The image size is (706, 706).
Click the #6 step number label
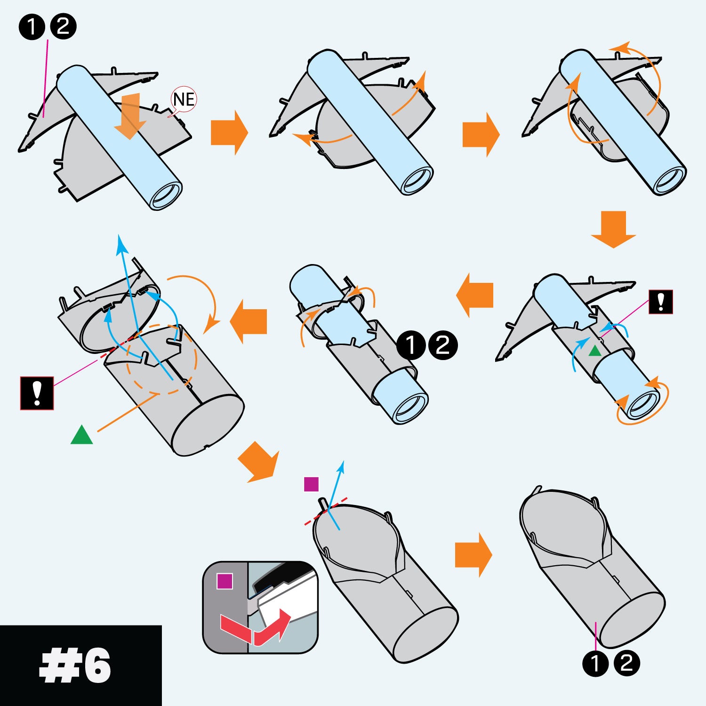[75, 666]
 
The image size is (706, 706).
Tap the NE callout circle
[183, 99]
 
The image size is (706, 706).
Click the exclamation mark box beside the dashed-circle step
[37, 393]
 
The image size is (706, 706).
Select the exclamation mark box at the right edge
[661, 302]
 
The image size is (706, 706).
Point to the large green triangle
[82, 435]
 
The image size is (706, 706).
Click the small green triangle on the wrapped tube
[595, 351]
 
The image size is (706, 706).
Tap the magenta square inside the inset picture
[225, 581]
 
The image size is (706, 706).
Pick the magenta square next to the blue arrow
[311, 484]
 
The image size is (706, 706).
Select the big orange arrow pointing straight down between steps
[614, 229]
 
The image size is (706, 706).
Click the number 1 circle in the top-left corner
[32, 27]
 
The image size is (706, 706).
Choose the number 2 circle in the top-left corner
[63, 27]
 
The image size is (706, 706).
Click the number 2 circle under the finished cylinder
[626, 664]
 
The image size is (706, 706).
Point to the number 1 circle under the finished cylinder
[595, 664]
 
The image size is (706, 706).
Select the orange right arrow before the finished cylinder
[473, 555]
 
